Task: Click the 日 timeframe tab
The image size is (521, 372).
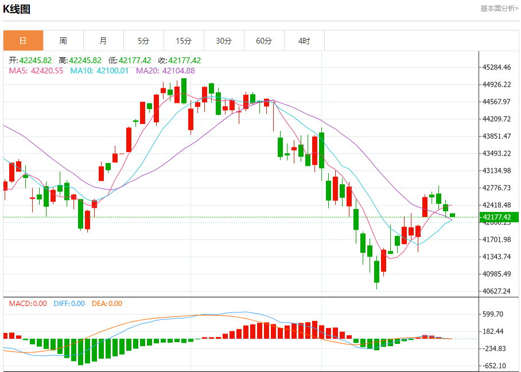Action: tap(23, 41)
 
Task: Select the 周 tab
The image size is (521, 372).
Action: tap(63, 41)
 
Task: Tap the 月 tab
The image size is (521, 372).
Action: tap(103, 41)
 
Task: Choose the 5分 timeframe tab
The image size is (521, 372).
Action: tap(143, 41)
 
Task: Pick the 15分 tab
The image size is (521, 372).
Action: tap(184, 41)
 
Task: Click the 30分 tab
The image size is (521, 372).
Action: tap(224, 41)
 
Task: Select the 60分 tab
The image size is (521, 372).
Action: tap(264, 41)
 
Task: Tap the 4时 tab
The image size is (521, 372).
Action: tap(304, 41)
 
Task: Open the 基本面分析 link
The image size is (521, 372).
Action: tap(499, 9)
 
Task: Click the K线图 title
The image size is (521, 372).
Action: tap(17, 9)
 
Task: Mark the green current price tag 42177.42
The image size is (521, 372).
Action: tap(499, 217)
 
